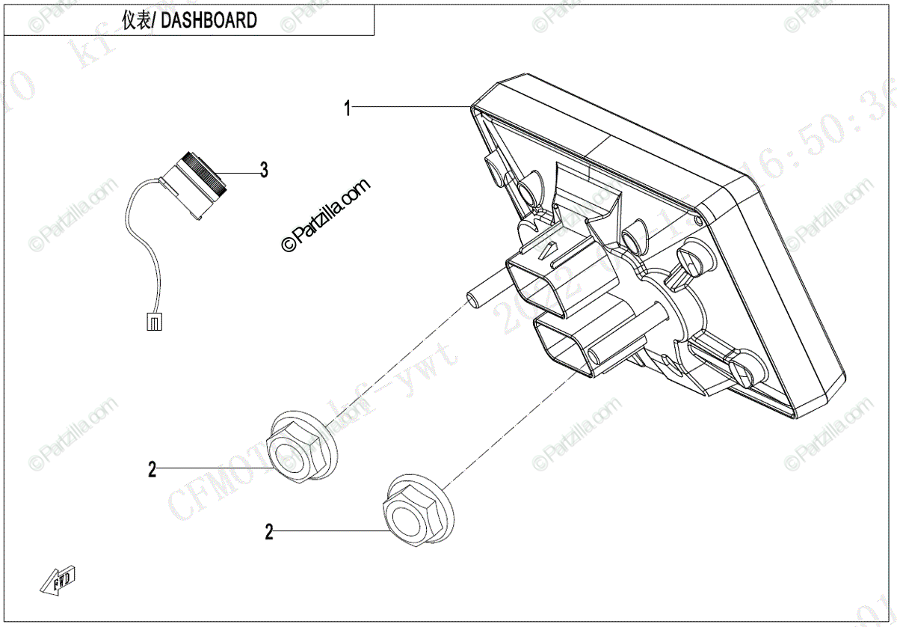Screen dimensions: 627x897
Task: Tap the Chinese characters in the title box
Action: point(136,21)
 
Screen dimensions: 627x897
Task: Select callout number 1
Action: point(347,108)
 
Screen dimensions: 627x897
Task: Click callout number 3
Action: point(263,171)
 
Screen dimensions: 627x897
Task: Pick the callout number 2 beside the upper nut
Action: point(152,470)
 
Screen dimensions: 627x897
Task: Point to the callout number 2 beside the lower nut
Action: point(269,533)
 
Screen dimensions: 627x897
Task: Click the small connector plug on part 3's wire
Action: point(152,322)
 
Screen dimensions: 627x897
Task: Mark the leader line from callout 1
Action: point(411,108)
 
